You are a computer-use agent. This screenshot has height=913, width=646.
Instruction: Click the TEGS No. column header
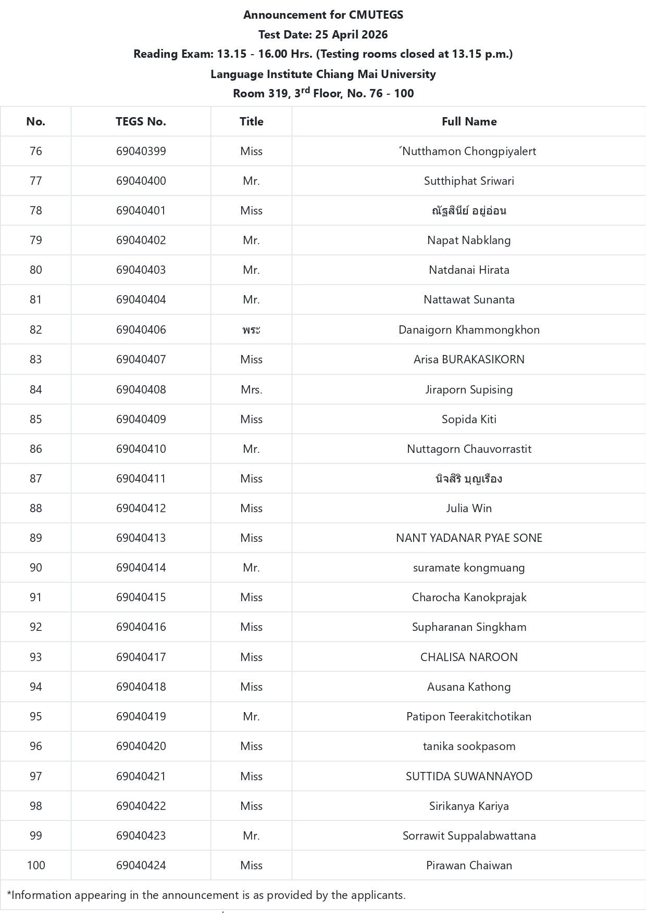click(141, 122)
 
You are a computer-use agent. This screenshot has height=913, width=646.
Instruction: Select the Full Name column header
click(469, 122)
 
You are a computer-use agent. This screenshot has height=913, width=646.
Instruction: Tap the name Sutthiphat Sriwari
click(469, 181)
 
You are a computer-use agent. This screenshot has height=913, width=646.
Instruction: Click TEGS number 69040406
click(141, 330)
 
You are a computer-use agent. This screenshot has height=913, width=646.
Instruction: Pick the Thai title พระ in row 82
click(251, 330)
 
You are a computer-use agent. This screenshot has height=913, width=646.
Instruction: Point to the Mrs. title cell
click(251, 390)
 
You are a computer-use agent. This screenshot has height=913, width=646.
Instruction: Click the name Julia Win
click(469, 509)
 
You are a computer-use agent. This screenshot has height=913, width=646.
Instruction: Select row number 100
click(36, 866)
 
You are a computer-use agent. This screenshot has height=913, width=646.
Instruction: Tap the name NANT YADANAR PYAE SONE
click(469, 538)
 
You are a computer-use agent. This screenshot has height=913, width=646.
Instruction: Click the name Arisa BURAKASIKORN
click(469, 360)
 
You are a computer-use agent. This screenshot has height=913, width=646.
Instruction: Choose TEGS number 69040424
click(141, 866)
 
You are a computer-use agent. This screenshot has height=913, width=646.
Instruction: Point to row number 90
click(36, 568)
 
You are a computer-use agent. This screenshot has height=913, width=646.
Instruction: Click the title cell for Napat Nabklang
click(251, 240)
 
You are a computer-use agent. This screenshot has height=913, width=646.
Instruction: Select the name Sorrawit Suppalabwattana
click(469, 836)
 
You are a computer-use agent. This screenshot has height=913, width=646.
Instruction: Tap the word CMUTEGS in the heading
click(376, 15)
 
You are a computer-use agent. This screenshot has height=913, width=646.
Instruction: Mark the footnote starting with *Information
click(206, 895)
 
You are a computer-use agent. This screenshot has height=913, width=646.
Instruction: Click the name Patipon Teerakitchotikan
click(469, 717)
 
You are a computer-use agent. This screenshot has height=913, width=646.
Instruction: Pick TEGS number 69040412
click(141, 509)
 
